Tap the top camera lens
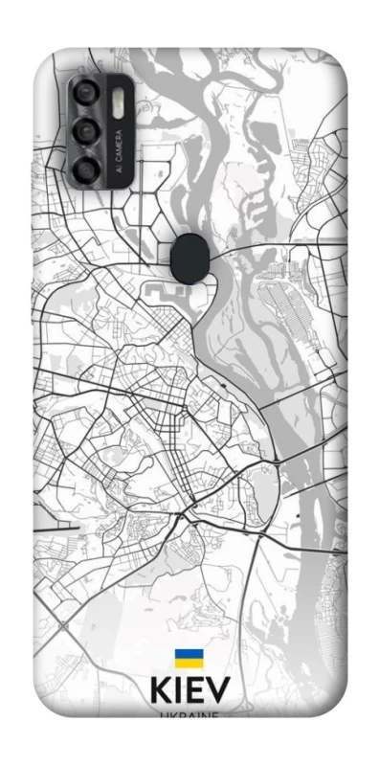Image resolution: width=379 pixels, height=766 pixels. (x=87, y=94)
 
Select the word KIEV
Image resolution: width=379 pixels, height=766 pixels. (x=189, y=691)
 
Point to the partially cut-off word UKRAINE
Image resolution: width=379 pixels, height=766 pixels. (x=189, y=713)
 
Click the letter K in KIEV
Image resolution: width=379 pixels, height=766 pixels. (x=162, y=691)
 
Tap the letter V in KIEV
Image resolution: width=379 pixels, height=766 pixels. (x=217, y=691)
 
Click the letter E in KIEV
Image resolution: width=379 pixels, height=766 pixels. (x=195, y=691)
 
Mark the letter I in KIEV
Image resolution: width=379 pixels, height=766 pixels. (x=178, y=691)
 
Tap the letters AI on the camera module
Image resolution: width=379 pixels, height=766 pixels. (x=119, y=167)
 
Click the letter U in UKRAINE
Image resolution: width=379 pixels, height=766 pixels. (x=165, y=713)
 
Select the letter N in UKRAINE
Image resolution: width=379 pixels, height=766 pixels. (x=206, y=713)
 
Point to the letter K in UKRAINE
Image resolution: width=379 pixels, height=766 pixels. (x=172, y=713)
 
